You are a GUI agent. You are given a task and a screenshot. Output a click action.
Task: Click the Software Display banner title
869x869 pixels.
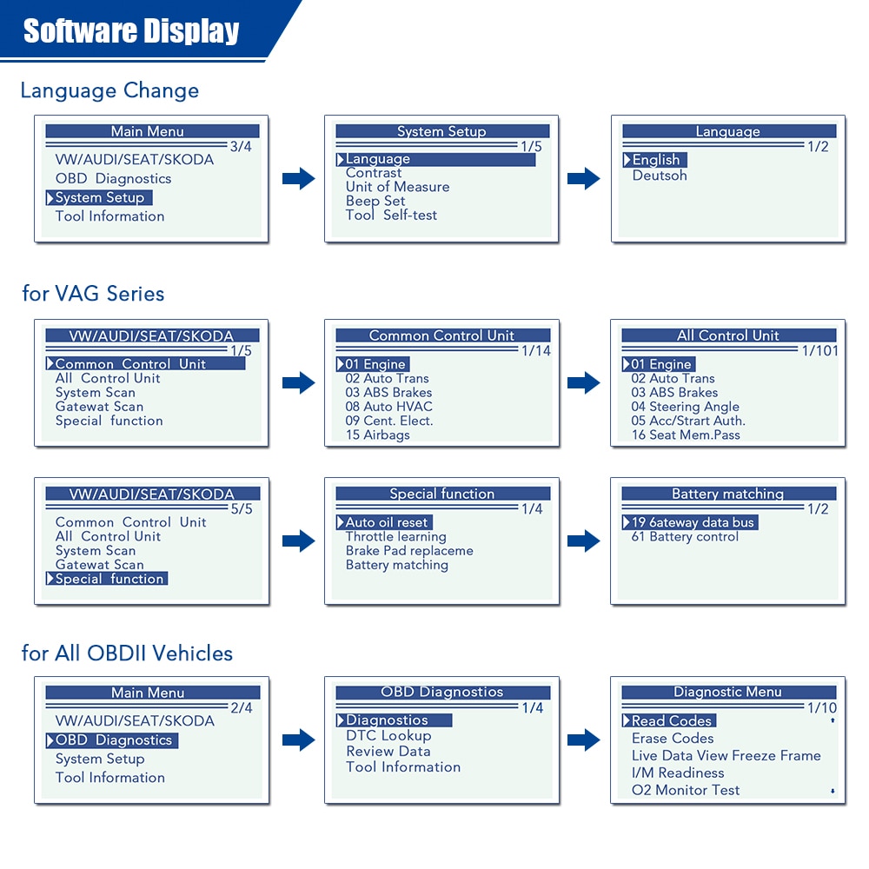(x=131, y=31)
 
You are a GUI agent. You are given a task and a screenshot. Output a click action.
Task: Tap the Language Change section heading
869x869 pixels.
(x=109, y=90)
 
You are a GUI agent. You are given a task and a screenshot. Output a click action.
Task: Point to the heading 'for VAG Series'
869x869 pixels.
(x=93, y=294)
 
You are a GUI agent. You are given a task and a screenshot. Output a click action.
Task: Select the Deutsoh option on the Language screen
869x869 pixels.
(x=660, y=176)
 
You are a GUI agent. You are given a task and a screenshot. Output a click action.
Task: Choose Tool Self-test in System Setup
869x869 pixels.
(x=391, y=215)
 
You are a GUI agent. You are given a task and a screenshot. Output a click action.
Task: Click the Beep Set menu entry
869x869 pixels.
(x=375, y=201)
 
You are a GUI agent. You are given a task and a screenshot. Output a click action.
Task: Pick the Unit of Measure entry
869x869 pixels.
(x=397, y=187)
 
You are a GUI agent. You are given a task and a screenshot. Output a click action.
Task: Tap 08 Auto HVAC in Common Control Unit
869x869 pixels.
(x=388, y=407)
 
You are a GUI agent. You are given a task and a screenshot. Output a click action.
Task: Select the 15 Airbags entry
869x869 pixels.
(x=377, y=434)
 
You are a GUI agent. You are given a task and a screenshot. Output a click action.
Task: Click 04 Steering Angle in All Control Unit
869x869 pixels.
(x=685, y=407)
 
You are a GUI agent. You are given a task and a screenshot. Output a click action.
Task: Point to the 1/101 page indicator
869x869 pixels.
(x=819, y=350)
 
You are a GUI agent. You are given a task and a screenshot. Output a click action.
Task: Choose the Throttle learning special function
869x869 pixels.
(x=395, y=537)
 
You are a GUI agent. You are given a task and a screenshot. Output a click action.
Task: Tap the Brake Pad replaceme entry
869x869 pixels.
(x=409, y=551)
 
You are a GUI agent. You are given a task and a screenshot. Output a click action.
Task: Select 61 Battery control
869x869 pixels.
(x=685, y=537)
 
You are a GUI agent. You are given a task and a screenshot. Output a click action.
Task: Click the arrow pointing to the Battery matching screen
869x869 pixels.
(x=584, y=541)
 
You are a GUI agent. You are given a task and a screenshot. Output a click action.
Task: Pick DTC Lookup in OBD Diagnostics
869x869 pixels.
(x=388, y=736)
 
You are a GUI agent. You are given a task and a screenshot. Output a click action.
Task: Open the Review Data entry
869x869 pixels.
(x=388, y=752)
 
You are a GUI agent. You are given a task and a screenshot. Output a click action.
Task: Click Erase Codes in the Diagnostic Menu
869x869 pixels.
(x=673, y=739)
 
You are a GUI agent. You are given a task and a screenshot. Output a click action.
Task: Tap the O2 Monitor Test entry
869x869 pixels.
(x=686, y=790)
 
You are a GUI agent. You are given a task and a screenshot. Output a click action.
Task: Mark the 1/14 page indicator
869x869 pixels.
(x=536, y=350)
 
